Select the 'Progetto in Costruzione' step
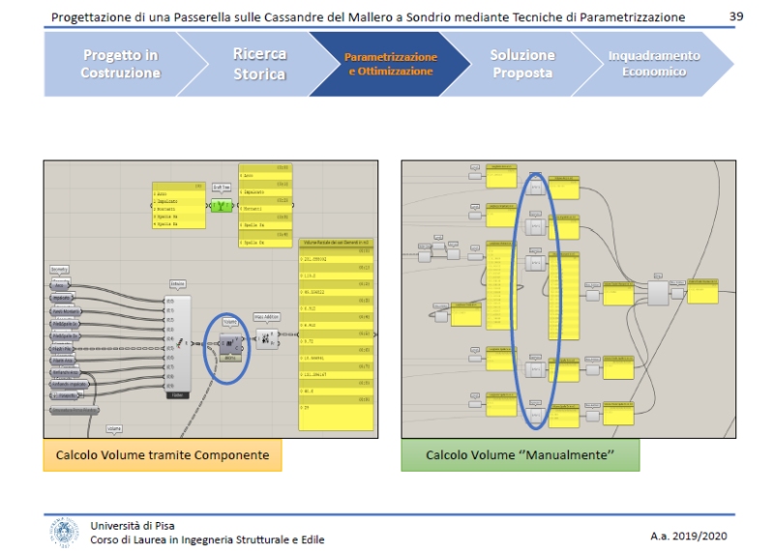[121, 64]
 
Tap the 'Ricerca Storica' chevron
[259, 64]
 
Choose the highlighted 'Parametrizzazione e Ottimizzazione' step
[391, 64]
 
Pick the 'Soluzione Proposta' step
[521, 64]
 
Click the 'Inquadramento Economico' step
[654, 64]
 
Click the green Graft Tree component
[223, 205]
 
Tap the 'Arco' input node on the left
[60, 287]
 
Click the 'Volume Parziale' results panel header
[335, 241]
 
